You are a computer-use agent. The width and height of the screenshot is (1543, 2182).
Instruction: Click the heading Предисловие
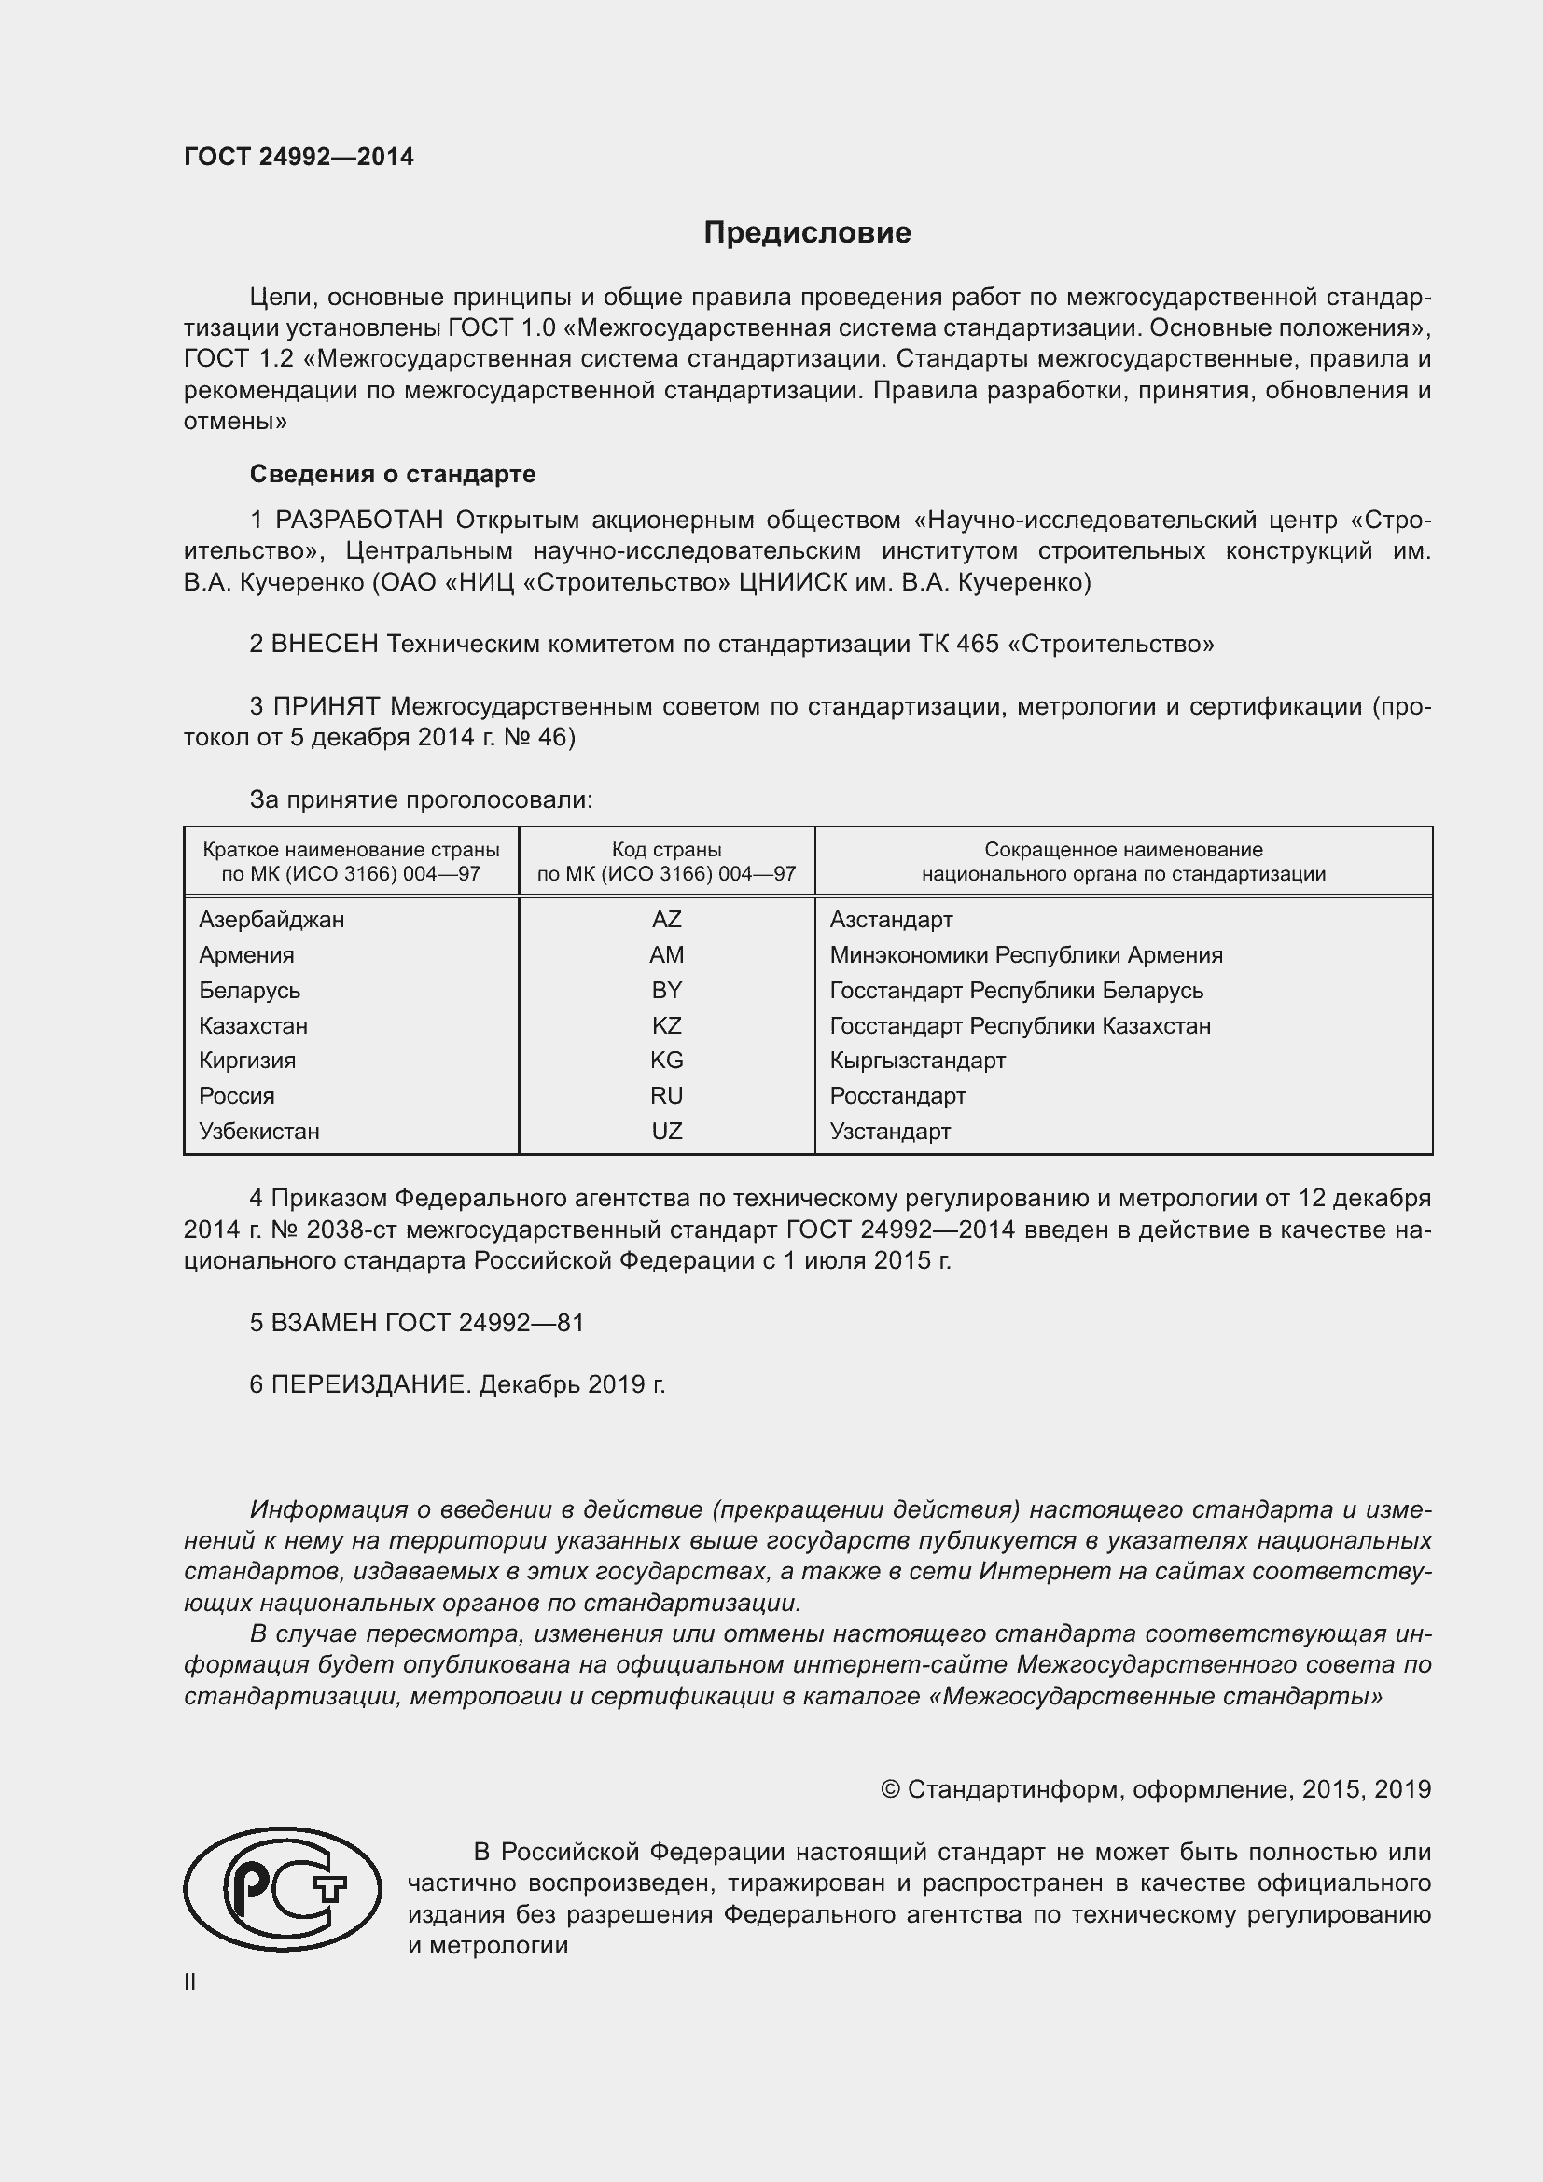[807, 233]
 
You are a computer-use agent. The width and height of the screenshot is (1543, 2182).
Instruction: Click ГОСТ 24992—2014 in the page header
[299, 157]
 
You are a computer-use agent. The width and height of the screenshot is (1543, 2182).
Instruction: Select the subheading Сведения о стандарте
[393, 473]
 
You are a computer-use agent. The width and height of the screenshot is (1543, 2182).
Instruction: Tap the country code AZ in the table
[666, 919]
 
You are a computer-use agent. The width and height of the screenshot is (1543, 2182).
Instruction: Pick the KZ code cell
[666, 1025]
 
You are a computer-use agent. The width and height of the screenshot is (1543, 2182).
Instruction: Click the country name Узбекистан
[258, 1131]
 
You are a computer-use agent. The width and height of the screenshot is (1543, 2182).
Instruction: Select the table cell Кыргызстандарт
[917, 1061]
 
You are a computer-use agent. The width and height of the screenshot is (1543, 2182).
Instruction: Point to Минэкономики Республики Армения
[1025, 955]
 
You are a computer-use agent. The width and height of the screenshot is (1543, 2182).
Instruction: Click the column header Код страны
[666, 850]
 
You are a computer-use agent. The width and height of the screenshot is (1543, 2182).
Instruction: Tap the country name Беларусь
[249, 991]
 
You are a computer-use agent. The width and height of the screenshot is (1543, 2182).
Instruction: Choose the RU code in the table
[666, 1096]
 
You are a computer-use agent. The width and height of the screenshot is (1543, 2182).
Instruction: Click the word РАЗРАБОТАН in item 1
[359, 520]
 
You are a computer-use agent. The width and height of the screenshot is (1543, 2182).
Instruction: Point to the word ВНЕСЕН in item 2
[325, 644]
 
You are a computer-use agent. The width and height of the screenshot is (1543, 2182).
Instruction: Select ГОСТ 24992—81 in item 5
[483, 1322]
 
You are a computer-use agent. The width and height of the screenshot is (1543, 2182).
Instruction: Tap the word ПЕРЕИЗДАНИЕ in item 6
[370, 1383]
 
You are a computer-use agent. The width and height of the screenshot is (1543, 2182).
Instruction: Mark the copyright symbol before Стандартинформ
[889, 1789]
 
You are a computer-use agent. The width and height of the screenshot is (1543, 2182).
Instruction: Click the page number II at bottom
[190, 1981]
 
